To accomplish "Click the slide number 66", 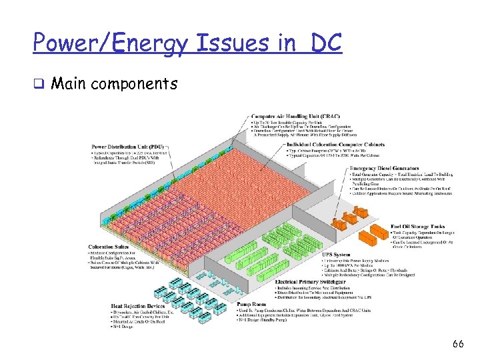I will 457,344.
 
